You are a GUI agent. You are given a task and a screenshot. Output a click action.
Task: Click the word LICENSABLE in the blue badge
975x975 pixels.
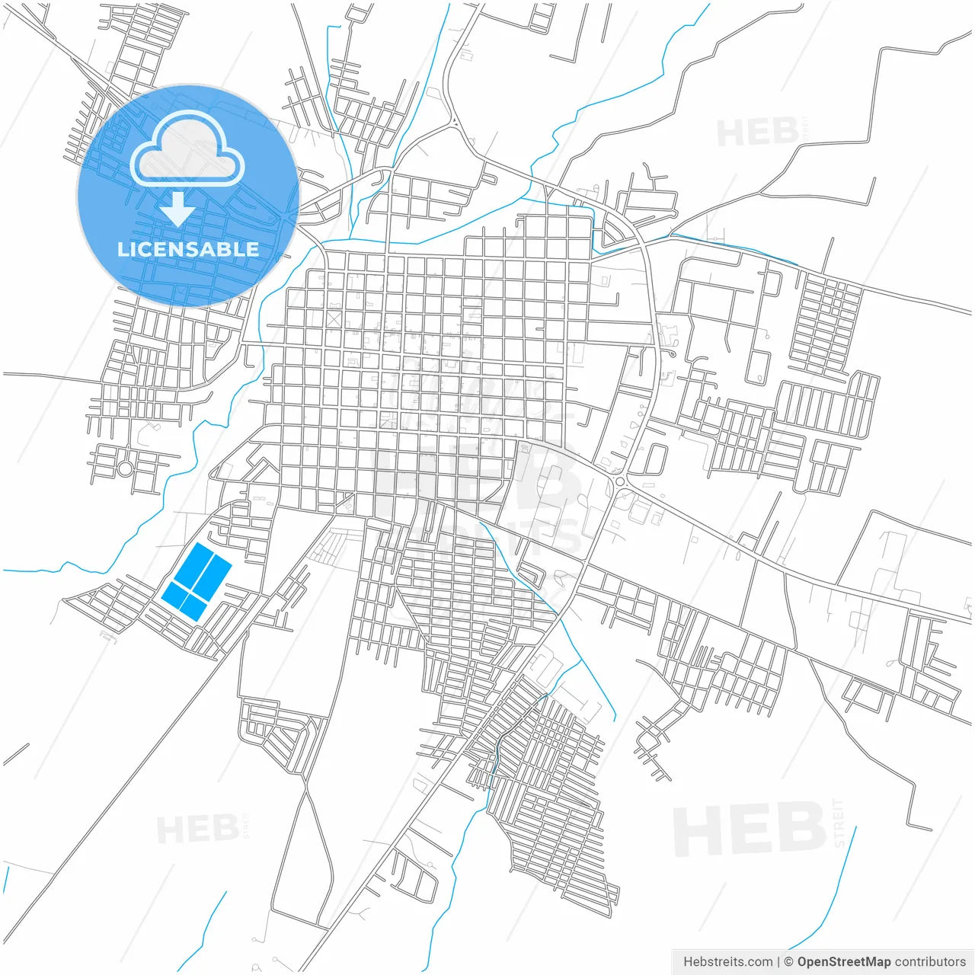point(187,249)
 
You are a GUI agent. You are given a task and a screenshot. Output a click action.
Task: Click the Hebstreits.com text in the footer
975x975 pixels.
point(727,962)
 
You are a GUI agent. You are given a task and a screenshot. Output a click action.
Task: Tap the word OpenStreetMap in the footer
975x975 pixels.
point(843,962)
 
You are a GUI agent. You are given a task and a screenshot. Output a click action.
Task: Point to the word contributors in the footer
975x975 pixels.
point(929,962)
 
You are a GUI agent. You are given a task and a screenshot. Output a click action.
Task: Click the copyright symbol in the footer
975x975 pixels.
point(789,962)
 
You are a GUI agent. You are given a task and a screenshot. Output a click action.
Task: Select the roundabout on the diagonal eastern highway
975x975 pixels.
point(621,481)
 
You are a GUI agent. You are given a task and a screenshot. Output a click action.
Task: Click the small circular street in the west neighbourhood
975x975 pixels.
point(124,469)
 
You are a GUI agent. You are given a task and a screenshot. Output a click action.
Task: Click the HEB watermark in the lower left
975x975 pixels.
point(197,829)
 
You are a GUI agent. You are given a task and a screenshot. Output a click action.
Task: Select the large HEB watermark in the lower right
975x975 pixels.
point(750,830)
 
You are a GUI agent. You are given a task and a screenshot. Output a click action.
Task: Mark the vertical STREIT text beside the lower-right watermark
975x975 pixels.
point(839,823)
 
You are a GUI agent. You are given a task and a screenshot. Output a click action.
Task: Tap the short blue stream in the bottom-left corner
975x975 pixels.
point(206,929)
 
